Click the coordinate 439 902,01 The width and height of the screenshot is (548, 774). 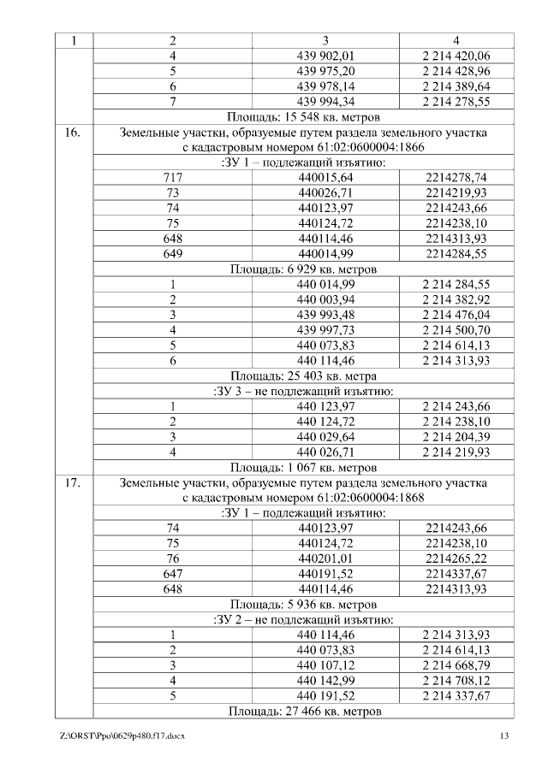coord(325,56)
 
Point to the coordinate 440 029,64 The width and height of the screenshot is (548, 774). coord(325,436)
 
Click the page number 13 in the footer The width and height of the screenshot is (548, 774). coord(504,736)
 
